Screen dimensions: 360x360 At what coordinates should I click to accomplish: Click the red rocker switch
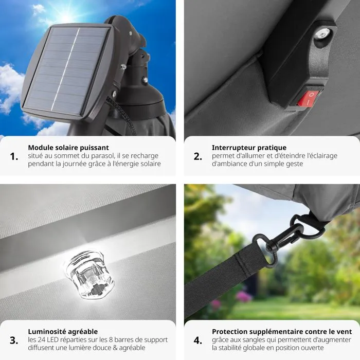point(309,99)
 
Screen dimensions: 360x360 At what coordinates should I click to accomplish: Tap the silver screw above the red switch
point(322,34)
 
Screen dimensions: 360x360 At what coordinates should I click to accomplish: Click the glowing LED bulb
point(89,275)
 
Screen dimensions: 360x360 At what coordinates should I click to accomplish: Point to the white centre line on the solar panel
point(65,69)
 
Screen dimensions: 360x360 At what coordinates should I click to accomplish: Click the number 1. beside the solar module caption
point(14,156)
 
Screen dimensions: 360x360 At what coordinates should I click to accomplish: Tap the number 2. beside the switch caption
point(198,156)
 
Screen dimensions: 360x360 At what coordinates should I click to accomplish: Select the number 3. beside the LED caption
point(14,340)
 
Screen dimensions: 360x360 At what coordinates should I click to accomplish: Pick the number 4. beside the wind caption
point(198,340)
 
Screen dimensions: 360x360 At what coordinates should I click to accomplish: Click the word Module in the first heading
point(39,148)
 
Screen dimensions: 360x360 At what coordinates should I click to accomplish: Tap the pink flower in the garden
point(243,296)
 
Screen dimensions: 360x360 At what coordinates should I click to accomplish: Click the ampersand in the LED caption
point(115,348)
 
